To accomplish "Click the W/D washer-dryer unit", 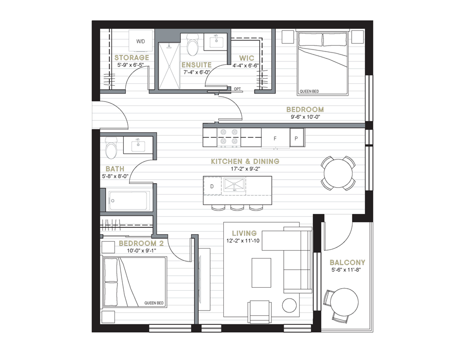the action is (x=141, y=41).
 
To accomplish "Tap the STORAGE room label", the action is (x=132, y=57).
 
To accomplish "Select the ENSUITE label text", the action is (x=197, y=65).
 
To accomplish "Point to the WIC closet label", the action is (x=246, y=58).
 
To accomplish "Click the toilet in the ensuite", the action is (x=193, y=45).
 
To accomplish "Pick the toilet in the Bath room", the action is (x=111, y=147).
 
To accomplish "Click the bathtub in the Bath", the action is (x=129, y=201).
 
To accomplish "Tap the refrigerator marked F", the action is (x=275, y=138).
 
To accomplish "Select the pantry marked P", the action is (x=297, y=138).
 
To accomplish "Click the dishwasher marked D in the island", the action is (x=212, y=186).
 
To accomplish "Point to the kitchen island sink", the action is (x=234, y=185).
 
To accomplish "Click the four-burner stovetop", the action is (x=229, y=137).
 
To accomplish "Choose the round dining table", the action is (x=338, y=173).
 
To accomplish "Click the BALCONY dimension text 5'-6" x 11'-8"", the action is (x=346, y=270).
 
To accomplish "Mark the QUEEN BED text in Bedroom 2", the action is (x=154, y=303).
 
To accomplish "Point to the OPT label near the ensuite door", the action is (x=237, y=89).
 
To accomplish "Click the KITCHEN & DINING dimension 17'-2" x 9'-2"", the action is (x=246, y=169).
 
